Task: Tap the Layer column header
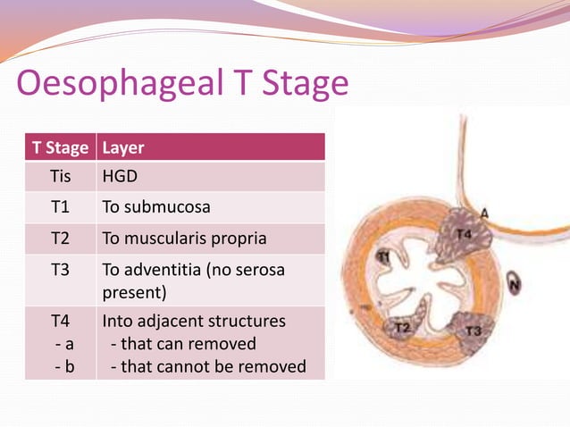pos(123,147)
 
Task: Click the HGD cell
pos(120,177)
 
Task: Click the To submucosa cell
pos(156,207)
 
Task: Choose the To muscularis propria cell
pos(183,239)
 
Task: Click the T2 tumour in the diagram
pos(402,328)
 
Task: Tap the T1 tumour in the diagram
pos(384,257)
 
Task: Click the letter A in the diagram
pos(483,213)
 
